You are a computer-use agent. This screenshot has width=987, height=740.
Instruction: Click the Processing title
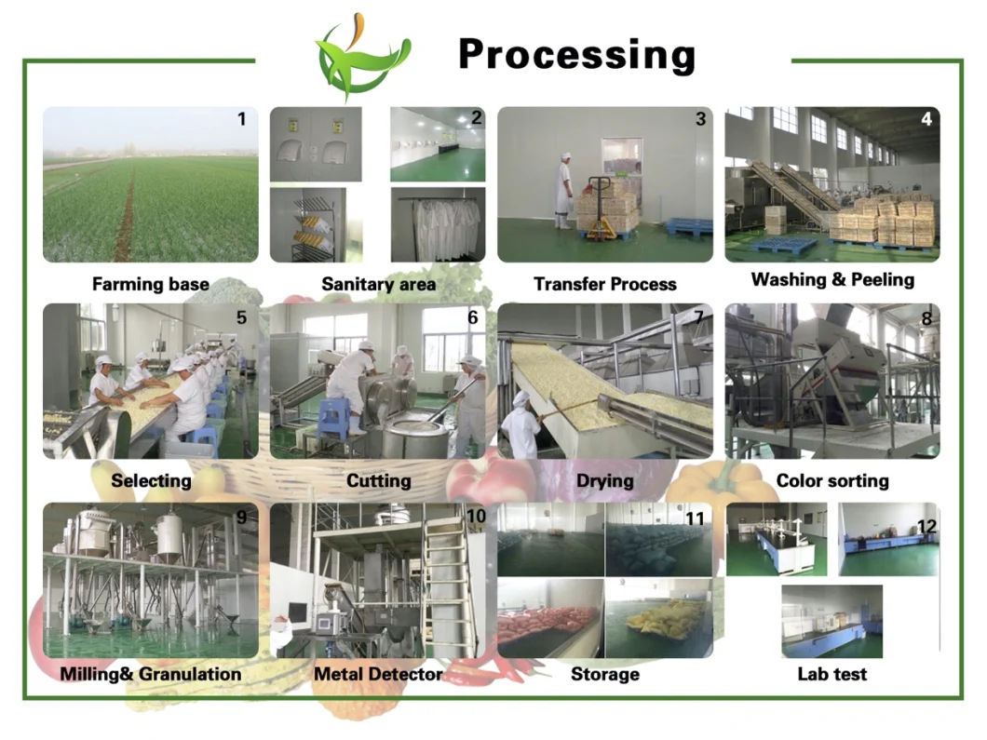(x=576, y=55)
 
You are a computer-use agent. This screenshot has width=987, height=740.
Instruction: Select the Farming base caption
(x=151, y=284)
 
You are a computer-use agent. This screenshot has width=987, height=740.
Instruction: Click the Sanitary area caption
(x=378, y=284)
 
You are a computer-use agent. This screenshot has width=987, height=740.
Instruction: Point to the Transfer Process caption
(x=605, y=284)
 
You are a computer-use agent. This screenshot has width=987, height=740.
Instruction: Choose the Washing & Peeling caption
(x=832, y=279)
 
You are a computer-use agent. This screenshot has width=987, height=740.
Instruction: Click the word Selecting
(x=151, y=480)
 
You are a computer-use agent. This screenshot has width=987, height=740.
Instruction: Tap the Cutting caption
(x=378, y=480)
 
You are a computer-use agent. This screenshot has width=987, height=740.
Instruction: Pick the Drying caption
(x=605, y=480)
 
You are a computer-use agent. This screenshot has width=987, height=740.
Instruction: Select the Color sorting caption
(x=832, y=480)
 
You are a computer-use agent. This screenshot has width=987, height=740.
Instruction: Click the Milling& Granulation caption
(x=151, y=674)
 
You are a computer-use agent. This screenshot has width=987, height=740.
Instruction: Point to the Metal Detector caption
(x=378, y=674)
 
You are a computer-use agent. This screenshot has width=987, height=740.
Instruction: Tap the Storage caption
(x=605, y=674)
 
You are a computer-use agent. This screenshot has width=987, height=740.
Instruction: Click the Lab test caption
(x=832, y=674)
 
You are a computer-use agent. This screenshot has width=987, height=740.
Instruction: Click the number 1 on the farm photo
(x=242, y=119)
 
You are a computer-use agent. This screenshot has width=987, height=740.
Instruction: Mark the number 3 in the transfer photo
(x=700, y=119)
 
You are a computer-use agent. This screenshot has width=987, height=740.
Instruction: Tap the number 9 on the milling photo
(x=242, y=518)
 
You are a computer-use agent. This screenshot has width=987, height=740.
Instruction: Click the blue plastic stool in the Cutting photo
(x=332, y=418)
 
